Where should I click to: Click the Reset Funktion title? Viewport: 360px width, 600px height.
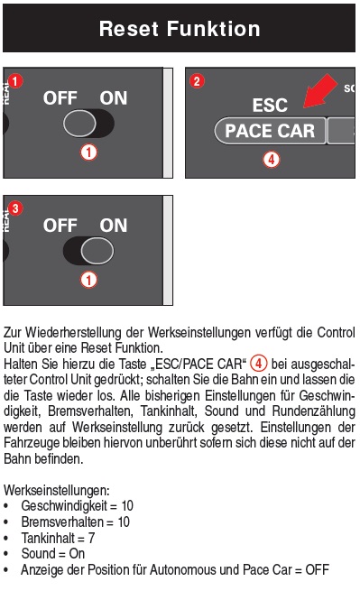pyautogui.click(x=180, y=29)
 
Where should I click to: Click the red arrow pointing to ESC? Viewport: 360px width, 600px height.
pyautogui.click(x=320, y=91)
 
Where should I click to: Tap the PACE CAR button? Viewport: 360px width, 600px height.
pyautogui.click(x=270, y=131)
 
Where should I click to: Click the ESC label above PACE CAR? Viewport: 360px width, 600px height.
pyautogui.click(x=270, y=106)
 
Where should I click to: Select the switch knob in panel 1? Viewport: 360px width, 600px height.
pyautogui.click(x=79, y=124)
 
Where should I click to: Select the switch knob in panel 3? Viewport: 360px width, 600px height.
pyautogui.click(x=97, y=251)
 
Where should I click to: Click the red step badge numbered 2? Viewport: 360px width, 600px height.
pyautogui.click(x=197, y=81)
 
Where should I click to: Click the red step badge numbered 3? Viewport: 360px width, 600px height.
pyautogui.click(x=15, y=208)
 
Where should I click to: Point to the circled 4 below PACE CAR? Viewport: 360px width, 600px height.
pyautogui.click(x=272, y=159)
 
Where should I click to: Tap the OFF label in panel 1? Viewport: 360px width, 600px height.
pyautogui.click(x=60, y=98)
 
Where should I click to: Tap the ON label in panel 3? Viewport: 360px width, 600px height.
pyautogui.click(x=114, y=226)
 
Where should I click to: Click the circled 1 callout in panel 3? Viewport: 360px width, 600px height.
pyautogui.click(x=88, y=280)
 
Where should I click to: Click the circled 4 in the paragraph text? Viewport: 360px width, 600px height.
pyautogui.click(x=258, y=364)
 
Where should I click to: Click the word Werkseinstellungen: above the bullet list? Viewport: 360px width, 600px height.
pyautogui.click(x=57, y=490)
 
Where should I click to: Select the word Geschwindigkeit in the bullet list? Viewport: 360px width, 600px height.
pyautogui.click(x=64, y=506)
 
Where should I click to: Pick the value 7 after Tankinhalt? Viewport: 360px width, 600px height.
pyautogui.click(x=91, y=538)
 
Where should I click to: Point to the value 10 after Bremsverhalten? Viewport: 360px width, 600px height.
pyautogui.click(x=124, y=522)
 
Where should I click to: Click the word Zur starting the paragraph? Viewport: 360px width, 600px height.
pyautogui.click(x=13, y=332)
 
